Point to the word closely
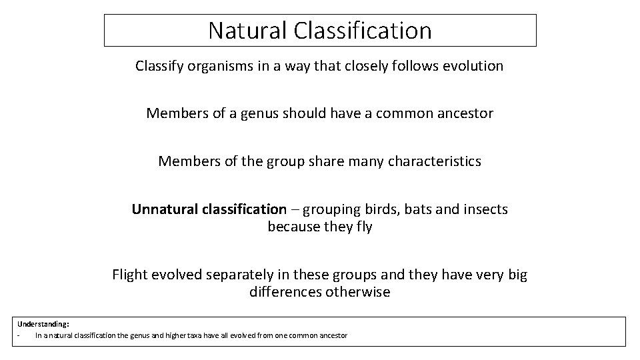point(368,66)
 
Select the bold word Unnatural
point(163,209)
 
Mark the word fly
point(363,227)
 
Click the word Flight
point(131,275)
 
